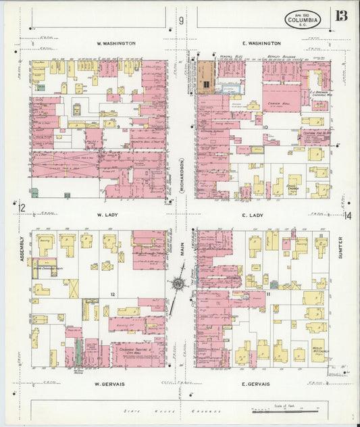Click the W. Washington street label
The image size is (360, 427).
click(x=117, y=43)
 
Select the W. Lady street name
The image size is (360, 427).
click(x=108, y=215)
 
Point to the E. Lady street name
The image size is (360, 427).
click(x=255, y=215)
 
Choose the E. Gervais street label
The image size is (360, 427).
click(x=255, y=384)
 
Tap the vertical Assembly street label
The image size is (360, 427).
click(x=22, y=248)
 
